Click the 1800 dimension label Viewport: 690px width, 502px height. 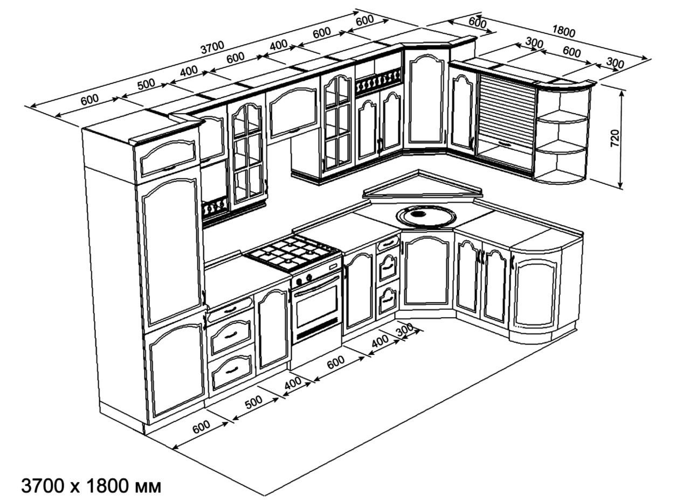[564, 31]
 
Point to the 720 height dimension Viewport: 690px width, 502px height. [615, 138]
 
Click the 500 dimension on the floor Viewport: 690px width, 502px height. [254, 402]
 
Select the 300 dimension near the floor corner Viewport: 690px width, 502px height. [405, 330]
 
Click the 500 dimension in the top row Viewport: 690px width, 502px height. [146, 85]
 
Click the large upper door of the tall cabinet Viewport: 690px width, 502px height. [171, 251]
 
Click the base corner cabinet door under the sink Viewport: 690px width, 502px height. [426, 273]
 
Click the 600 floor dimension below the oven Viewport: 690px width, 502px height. [336, 362]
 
